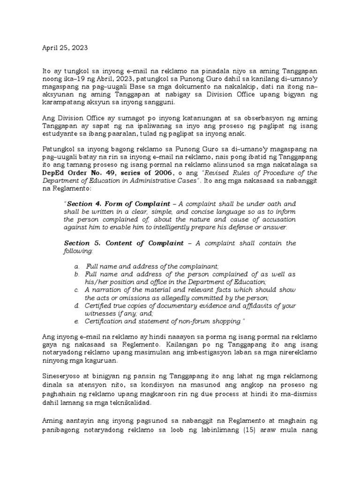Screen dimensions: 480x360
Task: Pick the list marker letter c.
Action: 76,290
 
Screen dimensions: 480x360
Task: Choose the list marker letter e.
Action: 76,321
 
